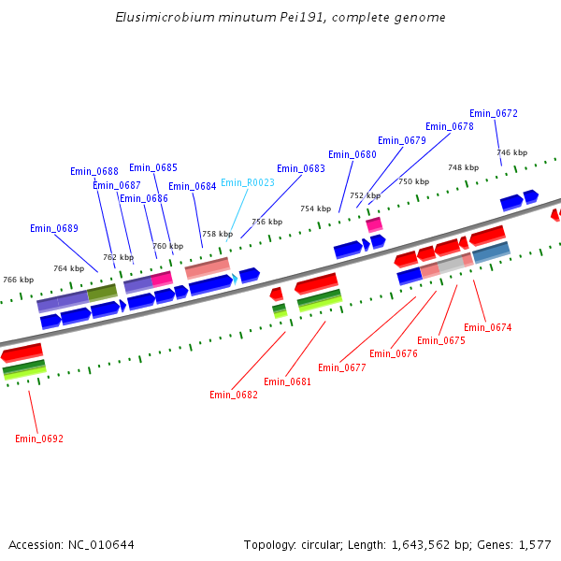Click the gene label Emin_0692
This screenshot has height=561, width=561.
tap(39, 439)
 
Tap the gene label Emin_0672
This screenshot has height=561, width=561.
tap(494, 113)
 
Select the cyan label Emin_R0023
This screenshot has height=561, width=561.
tap(248, 182)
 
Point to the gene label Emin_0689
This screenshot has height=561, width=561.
tap(54, 228)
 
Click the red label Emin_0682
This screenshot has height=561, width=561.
tap(234, 395)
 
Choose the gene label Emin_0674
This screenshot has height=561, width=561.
tap(488, 327)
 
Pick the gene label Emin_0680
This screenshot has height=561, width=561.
tap(352, 154)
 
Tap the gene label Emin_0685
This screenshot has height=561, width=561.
tap(153, 168)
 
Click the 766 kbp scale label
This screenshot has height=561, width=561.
tap(18, 280)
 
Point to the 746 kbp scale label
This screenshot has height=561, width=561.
tap(511, 152)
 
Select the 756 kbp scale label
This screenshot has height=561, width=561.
tap(266, 222)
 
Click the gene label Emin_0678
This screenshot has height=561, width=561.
tap(450, 126)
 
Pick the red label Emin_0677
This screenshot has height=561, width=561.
tap(342, 367)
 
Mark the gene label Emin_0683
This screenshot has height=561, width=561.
tap(301, 168)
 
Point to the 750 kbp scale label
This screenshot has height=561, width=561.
tap(413, 181)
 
